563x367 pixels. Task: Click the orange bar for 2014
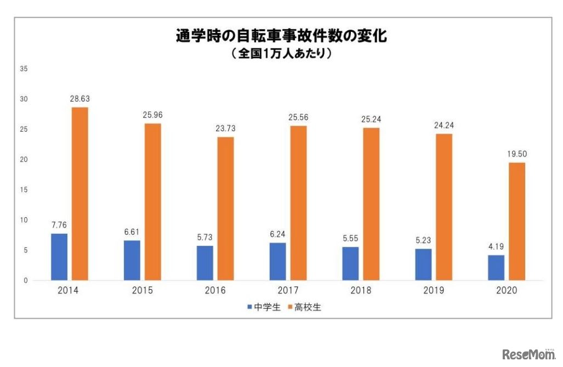79,194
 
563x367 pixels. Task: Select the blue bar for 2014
59,257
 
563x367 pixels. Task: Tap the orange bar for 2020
516,221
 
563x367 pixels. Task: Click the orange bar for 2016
225,208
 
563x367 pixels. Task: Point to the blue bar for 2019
423,264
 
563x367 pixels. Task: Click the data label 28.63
80,99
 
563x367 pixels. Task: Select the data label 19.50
516,154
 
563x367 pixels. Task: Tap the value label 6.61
132,232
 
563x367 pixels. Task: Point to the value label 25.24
371,120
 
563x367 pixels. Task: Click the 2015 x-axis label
143,290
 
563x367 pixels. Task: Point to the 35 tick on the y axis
24,69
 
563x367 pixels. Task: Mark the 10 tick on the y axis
24,221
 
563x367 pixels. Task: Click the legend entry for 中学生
264,307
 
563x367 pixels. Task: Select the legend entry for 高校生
305,307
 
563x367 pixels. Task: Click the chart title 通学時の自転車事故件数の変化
282,36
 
